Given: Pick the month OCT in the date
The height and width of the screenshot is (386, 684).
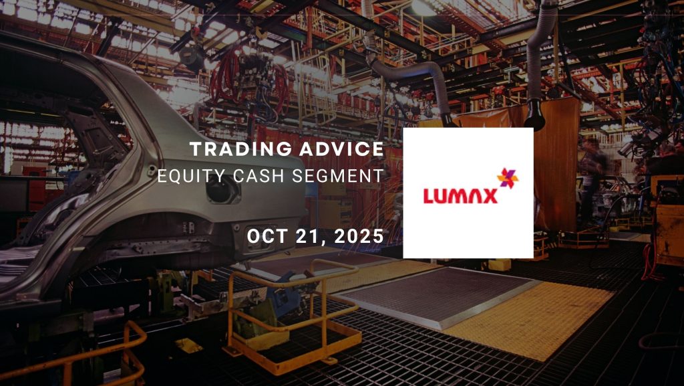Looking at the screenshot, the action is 267,236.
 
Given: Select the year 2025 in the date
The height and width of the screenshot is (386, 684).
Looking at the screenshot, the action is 359,236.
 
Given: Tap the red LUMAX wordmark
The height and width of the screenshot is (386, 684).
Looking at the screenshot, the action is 460,196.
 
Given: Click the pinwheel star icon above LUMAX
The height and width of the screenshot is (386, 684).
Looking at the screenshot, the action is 508,178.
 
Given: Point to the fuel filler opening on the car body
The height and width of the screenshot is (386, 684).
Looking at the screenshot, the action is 223,189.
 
